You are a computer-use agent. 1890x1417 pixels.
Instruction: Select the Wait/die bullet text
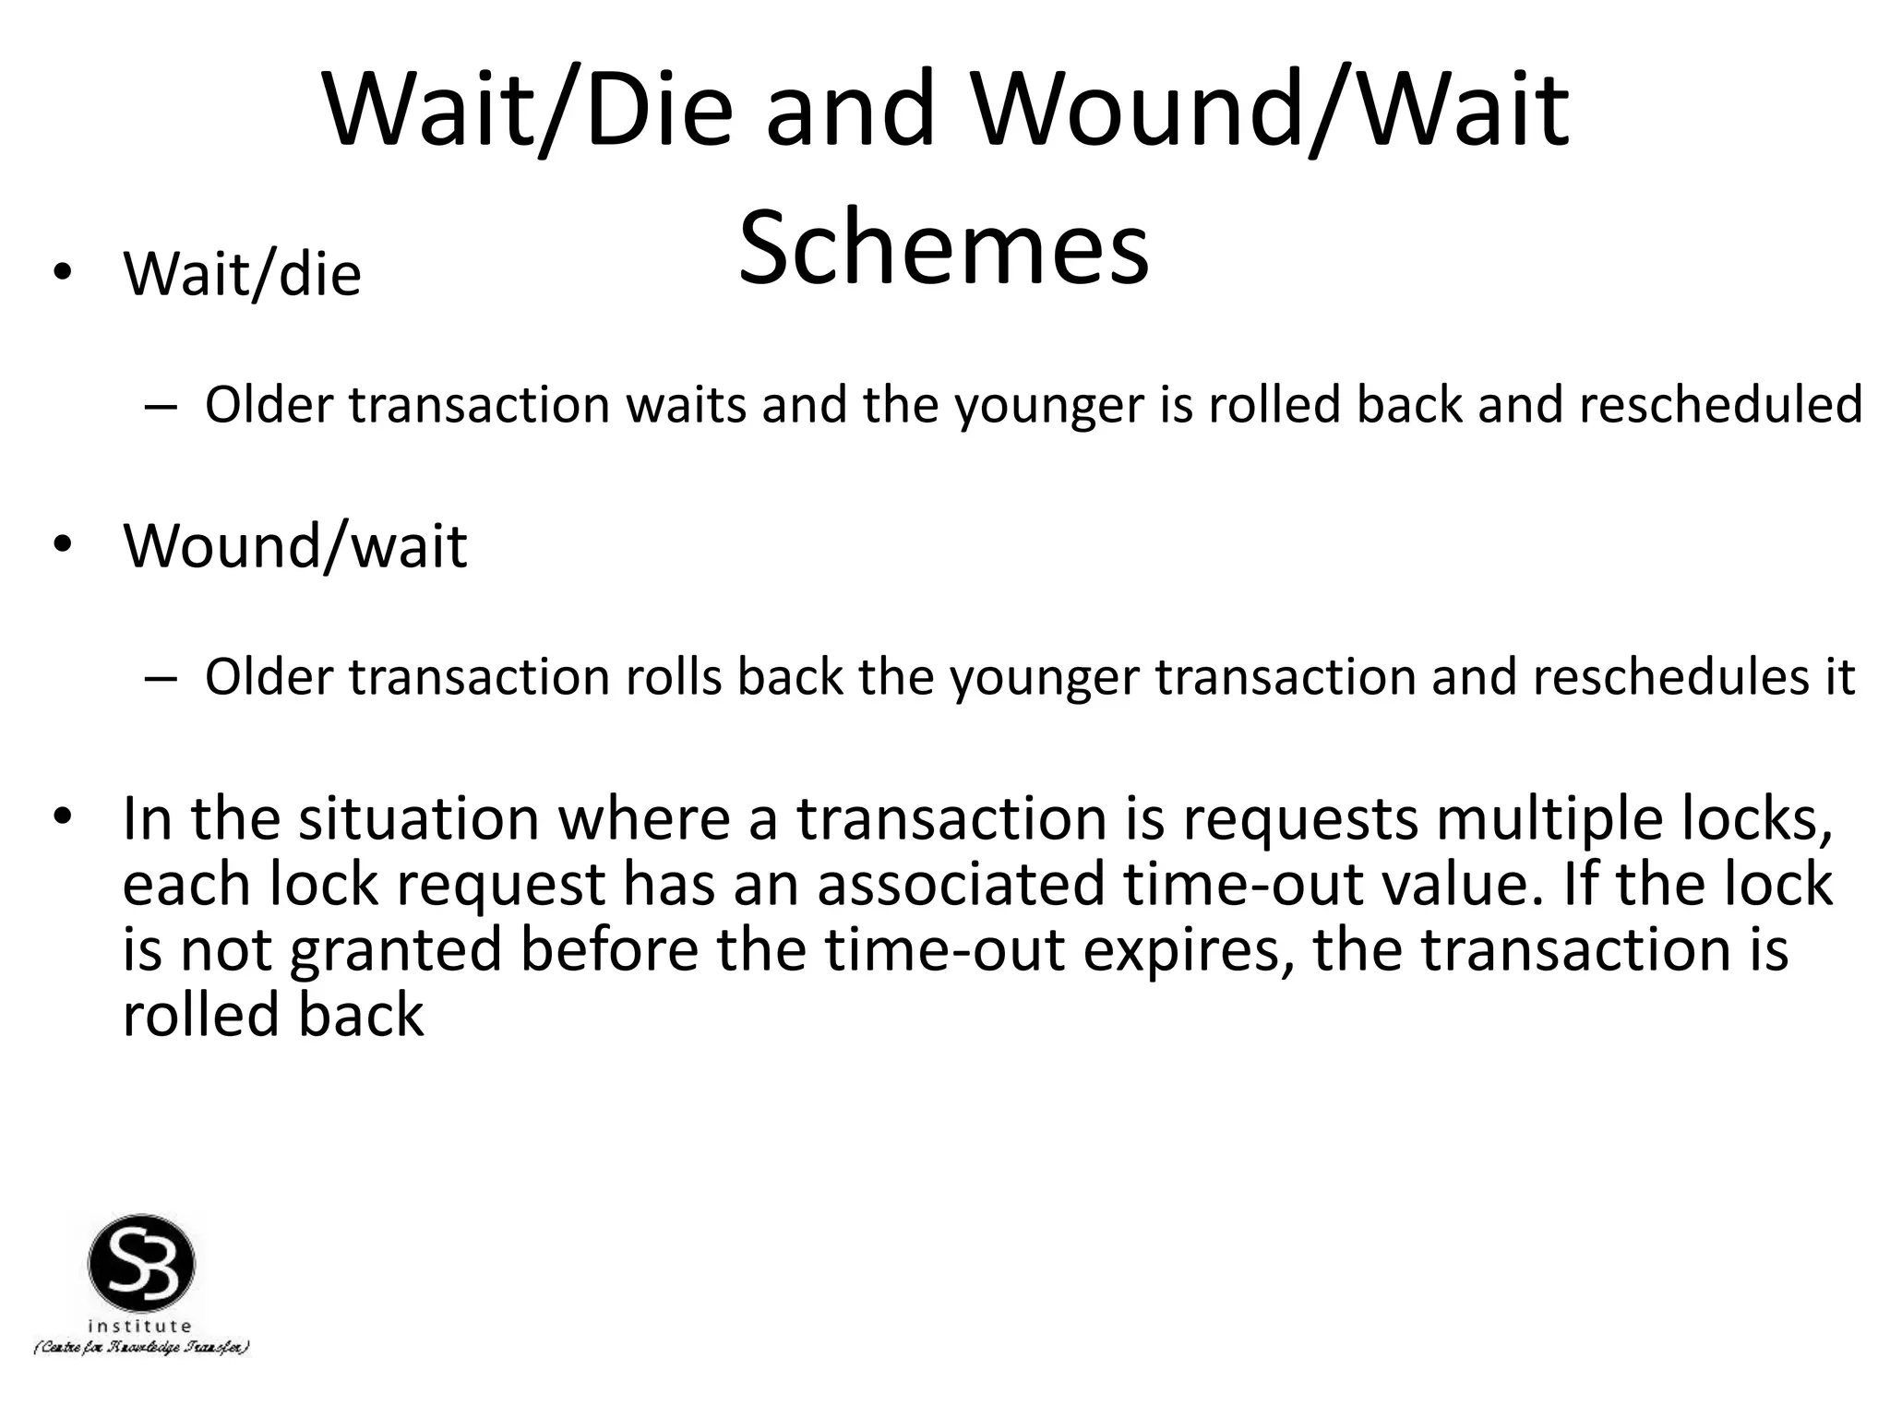click(242, 274)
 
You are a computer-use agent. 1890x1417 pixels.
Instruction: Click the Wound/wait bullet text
click(295, 546)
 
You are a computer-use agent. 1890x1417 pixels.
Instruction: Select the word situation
click(418, 819)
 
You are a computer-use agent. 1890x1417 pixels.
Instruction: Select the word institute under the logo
click(140, 1327)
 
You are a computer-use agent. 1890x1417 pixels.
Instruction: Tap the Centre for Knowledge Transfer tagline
click(141, 1348)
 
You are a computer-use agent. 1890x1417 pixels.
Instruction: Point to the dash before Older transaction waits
click(159, 406)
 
